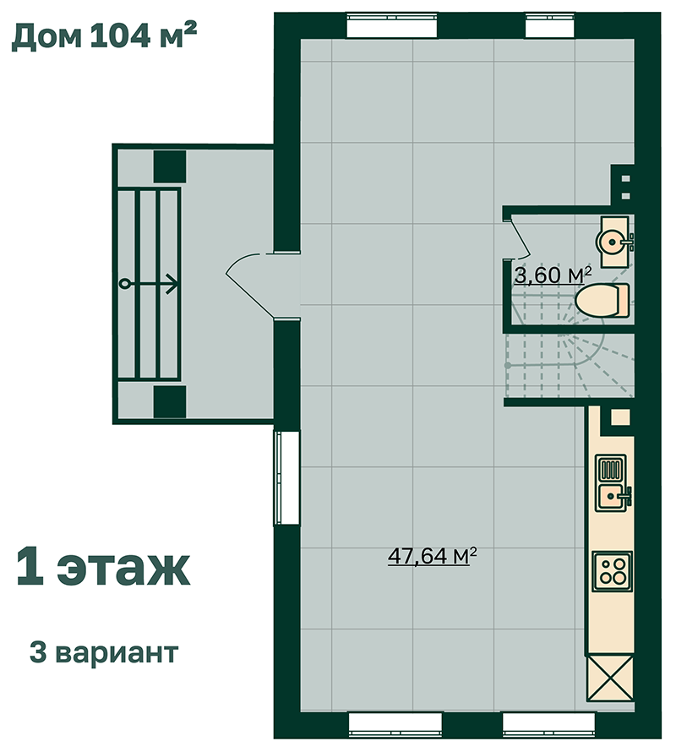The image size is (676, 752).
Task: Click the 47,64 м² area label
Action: (433, 556)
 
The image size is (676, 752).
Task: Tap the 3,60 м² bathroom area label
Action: (553, 275)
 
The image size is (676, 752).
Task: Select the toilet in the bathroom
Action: (602, 301)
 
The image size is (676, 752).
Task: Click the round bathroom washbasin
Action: (611, 242)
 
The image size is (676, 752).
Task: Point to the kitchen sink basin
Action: (611, 498)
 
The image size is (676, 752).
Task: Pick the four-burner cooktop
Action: (612, 571)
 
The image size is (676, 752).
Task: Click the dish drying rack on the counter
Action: (611, 469)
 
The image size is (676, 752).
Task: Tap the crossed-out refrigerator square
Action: (611, 678)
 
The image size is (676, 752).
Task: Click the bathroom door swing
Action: (519, 238)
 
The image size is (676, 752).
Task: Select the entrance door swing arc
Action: (249, 286)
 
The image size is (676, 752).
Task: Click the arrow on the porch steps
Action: (149, 284)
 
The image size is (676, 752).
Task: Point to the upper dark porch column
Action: (170, 166)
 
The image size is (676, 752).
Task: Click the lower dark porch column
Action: (170, 402)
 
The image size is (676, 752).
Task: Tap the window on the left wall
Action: (286, 477)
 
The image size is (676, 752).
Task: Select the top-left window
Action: (392, 26)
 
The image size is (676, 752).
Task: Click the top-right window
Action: (550, 26)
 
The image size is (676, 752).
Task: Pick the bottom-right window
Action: (549, 725)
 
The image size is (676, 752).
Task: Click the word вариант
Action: (117, 653)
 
